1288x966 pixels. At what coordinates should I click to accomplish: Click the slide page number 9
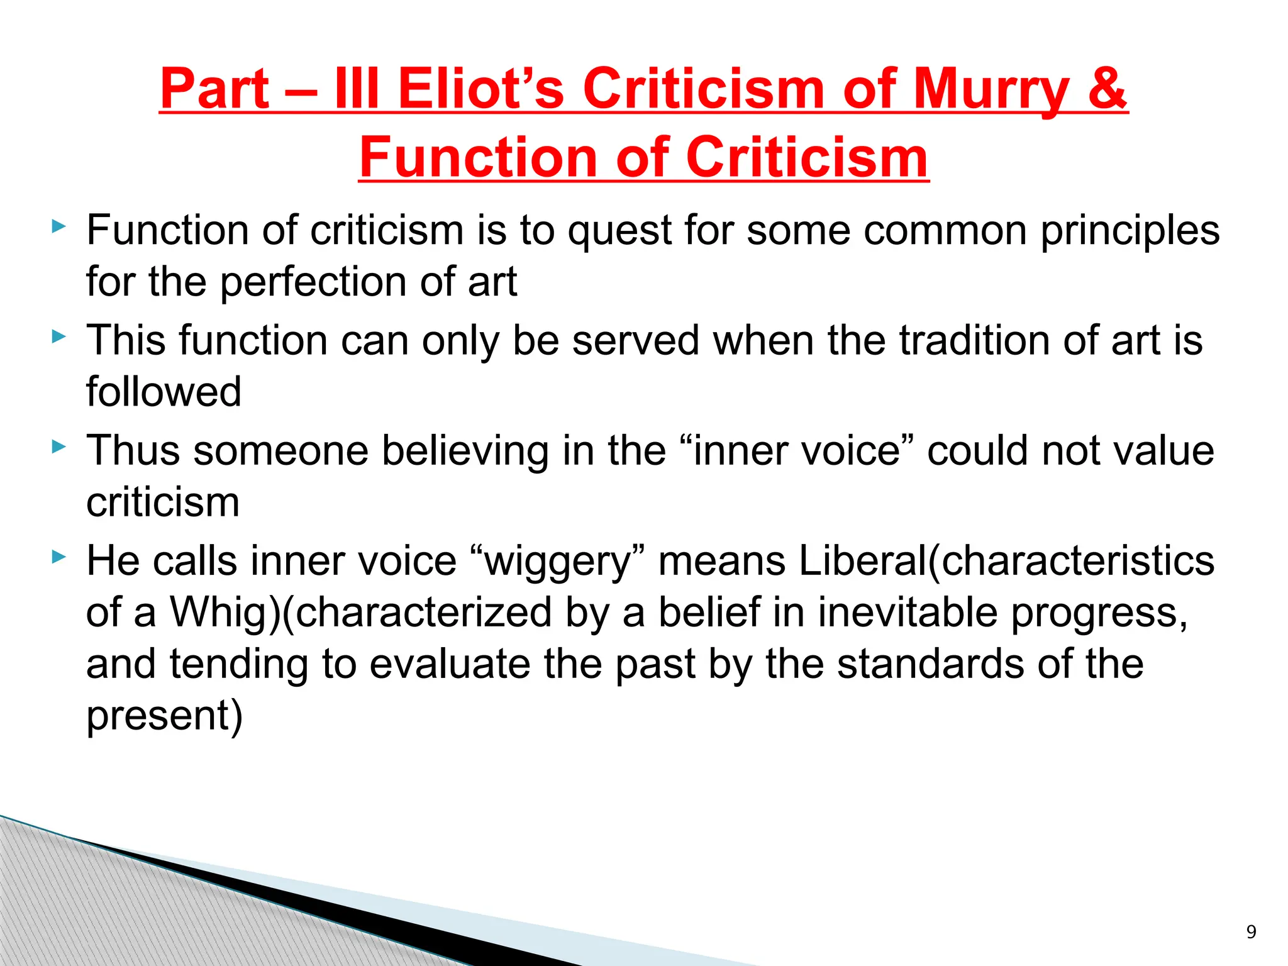pos(1251,931)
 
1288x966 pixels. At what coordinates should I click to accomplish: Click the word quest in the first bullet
pos(619,231)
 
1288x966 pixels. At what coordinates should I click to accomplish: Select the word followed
pos(164,392)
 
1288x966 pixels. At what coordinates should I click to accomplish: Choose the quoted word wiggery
pos(558,562)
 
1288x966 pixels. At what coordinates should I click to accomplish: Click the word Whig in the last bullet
pos(217,613)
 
